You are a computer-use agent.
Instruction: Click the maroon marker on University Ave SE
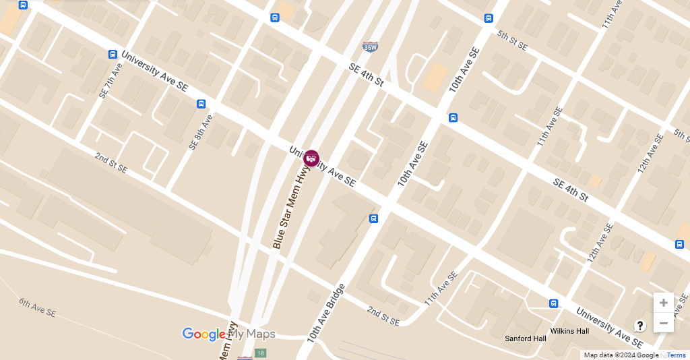pyautogui.click(x=311, y=158)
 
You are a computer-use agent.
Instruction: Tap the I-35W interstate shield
pyautogui.click(x=370, y=47)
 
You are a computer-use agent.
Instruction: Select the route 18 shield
pyautogui.click(x=261, y=353)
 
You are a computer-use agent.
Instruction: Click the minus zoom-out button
pyautogui.click(x=664, y=324)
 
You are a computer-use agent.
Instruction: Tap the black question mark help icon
pyautogui.click(x=640, y=326)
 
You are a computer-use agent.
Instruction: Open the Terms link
pyautogui.click(x=676, y=355)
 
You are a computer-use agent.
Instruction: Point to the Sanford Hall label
pyautogui.click(x=526, y=338)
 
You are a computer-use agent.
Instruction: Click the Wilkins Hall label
pyautogui.click(x=569, y=331)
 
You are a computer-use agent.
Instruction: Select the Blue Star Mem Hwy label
pyautogui.click(x=286, y=209)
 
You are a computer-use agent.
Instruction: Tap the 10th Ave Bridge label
pyautogui.click(x=326, y=313)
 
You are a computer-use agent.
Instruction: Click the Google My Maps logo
pyautogui.click(x=228, y=334)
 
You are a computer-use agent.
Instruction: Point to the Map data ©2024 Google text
pyautogui.click(x=621, y=355)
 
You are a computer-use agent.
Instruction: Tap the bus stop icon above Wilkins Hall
pyautogui.click(x=553, y=304)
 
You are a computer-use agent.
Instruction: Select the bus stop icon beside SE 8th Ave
pyautogui.click(x=201, y=104)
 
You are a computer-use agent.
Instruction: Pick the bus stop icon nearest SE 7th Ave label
pyautogui.click(x=113, y=54)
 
